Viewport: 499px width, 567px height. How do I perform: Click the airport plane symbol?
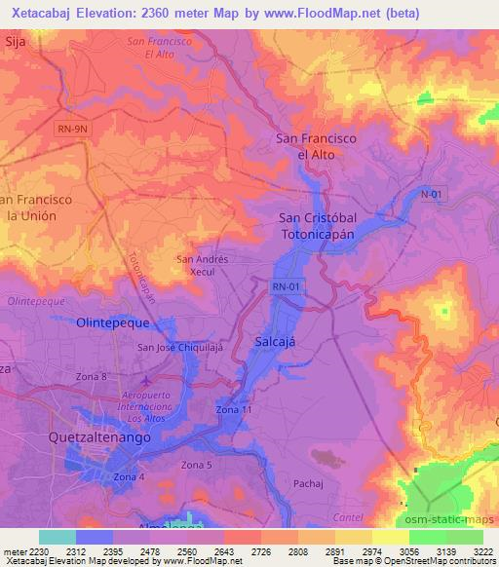(146, 380)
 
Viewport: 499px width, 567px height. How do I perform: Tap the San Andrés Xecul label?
(201, 266)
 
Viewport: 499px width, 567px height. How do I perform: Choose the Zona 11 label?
(235, 410)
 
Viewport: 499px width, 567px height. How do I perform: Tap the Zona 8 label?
(90, 376)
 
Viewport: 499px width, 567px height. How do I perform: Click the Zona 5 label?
(197, 466)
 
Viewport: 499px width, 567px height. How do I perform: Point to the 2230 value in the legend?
(37, 549)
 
